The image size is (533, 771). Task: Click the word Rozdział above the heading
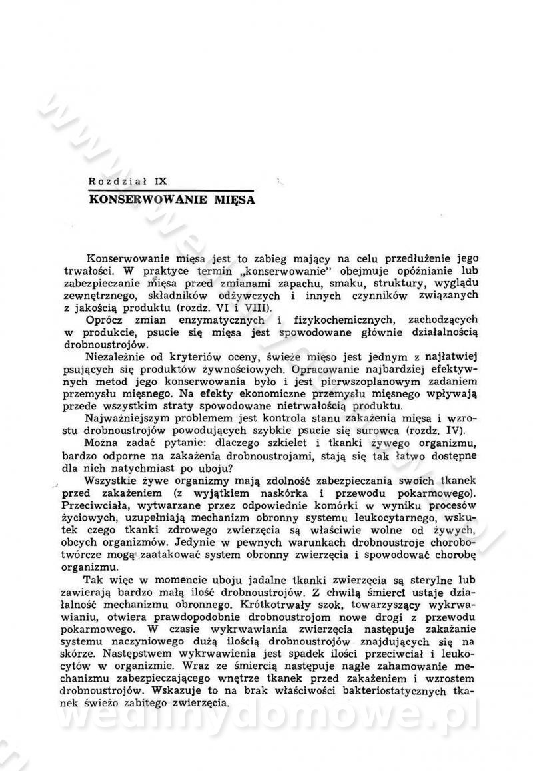click(117, 180)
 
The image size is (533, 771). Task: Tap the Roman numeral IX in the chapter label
click(160, 180)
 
